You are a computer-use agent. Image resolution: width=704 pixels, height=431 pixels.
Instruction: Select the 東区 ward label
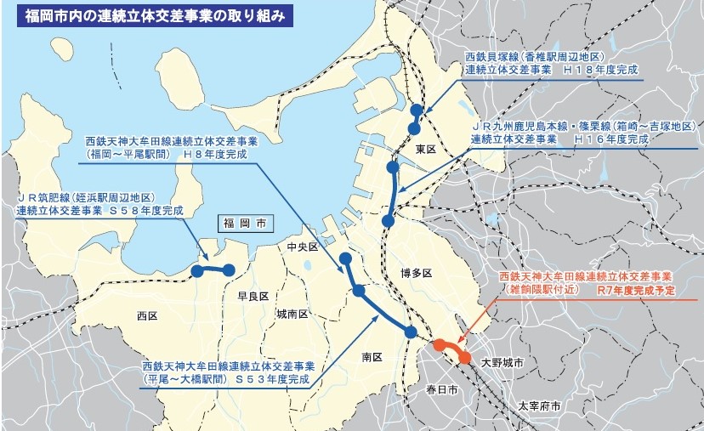pos(425,149)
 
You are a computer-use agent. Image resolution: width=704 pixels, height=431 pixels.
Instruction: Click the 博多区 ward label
pos(417,274)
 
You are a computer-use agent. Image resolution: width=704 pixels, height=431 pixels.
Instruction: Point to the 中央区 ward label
pos(302,247)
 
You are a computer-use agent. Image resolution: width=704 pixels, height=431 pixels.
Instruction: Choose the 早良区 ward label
pos(253,297)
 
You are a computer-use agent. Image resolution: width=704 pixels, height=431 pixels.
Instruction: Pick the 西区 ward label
pos(147,315)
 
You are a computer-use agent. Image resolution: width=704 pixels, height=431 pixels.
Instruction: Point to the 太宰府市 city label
pos(539,406)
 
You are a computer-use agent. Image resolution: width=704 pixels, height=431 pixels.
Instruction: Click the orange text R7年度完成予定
pos(637,291)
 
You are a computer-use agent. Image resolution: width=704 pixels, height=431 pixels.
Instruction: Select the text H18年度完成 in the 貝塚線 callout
pos(604,73)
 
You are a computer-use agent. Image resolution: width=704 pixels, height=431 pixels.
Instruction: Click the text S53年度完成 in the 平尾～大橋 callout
pos(272,378)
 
